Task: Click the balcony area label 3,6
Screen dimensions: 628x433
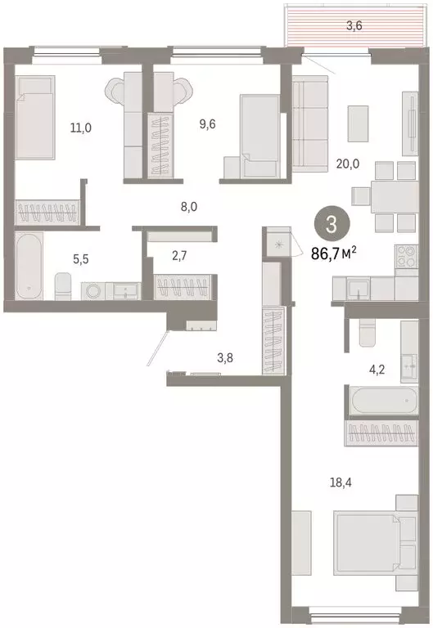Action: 354,25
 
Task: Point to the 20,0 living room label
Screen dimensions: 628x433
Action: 347,163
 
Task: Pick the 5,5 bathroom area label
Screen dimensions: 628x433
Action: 79,258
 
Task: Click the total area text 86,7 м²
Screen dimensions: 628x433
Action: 338,253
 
